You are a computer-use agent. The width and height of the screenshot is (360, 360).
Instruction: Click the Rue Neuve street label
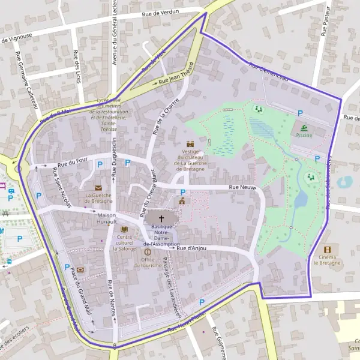(x=243, y=188)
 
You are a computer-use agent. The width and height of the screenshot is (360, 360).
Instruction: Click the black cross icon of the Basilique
(x=161, y=218)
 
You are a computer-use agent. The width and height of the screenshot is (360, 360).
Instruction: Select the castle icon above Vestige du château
(x=191, y=144)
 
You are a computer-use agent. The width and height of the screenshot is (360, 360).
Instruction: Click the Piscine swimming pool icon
(x=304, y=127)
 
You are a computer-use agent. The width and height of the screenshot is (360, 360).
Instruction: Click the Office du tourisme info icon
(x=148, y=252)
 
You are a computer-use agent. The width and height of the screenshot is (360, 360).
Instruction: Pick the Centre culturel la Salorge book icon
(x=125, y=230)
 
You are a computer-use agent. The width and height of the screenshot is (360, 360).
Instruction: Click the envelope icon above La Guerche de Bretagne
(x=98, y=187)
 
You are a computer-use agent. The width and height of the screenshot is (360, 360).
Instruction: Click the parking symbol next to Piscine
(x=301, y=112)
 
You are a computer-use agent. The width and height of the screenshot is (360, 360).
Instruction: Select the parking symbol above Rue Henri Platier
(x=202, y=302)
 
